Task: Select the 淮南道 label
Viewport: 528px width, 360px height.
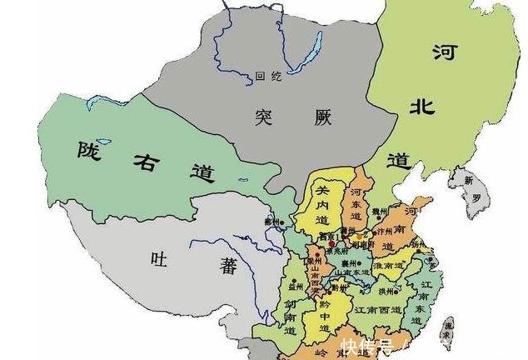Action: (386, 265)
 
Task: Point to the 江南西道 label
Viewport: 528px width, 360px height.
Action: (376, 309)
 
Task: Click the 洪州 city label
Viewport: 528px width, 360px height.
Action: (385, 291)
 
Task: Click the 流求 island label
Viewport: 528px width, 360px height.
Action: (447, 326)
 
